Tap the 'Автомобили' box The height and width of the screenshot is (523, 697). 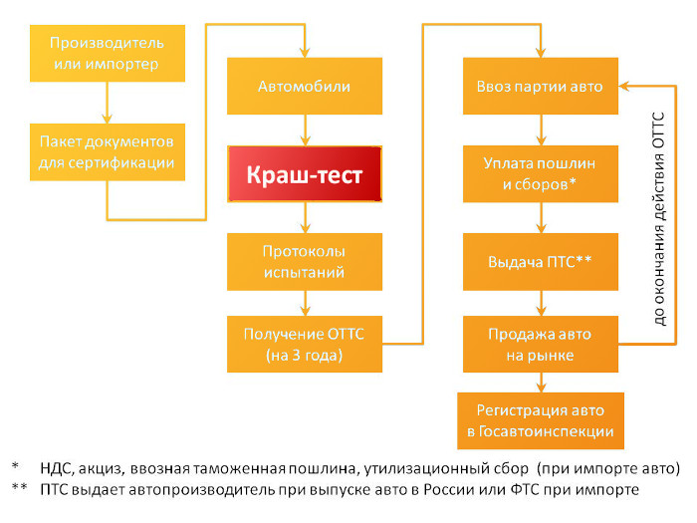pyautogui.click(x=304, y=86)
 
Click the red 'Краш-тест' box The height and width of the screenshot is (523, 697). pyautogui.click(x=305, y=174)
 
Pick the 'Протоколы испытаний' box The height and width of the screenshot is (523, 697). pyautogui.click(x=304, y=261)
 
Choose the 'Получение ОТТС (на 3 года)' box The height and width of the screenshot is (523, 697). pyautogui.click(x=304, y=344)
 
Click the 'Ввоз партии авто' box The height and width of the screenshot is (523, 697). pyautogui.click(x=540, y=86)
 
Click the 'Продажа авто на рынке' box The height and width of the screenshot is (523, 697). pyautogui.click(x=540, y=344)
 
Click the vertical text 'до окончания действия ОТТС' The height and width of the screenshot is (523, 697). pyautogui.click(x=658, y=213)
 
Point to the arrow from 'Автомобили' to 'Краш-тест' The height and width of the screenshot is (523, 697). pyautogui.click(x=304, y=130)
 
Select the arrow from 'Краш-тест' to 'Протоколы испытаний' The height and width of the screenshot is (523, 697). pyautogui.click(x=304, y=219)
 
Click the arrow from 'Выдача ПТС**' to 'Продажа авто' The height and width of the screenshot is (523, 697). pyautogui.click(x=540, y=301)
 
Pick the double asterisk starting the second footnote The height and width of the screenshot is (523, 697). pyautogui.click(x=19, y=489)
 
